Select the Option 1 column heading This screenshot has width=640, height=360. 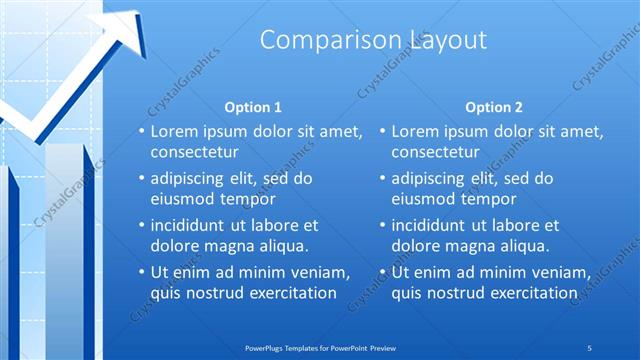coord(254,107)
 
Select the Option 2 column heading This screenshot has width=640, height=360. coord(494,107)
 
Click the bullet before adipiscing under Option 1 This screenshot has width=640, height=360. coord(142,178)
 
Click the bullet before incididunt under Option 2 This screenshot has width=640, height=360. coord(383,225)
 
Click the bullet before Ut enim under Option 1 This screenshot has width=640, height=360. coord(142,272)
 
